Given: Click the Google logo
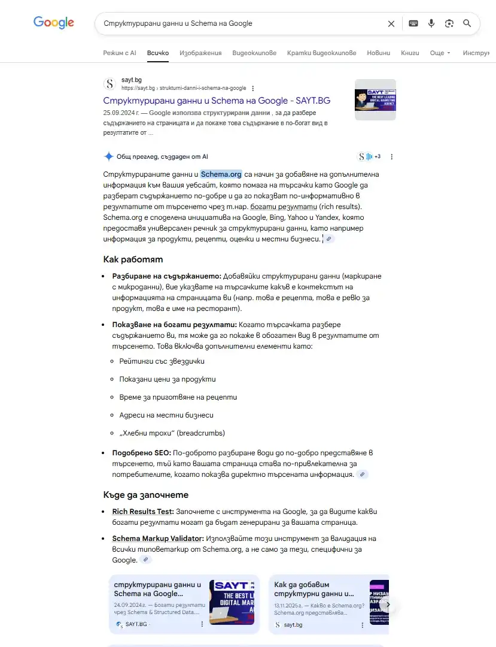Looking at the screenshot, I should [54, 23].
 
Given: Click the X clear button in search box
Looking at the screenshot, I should [391, 23].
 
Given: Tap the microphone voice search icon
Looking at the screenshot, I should [431, 23].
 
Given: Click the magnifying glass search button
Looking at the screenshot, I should [467, 23].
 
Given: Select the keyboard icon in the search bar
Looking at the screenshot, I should [413, 23].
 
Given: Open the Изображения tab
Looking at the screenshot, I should [200, 53].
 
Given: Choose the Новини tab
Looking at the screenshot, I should [378, 53].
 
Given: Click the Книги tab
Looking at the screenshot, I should [410, 53].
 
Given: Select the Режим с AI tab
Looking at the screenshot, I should [120, 53].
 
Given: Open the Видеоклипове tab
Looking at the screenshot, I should [254, 53].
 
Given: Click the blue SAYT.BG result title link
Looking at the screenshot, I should [217, 101].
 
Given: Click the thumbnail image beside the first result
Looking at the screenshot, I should [375, 99].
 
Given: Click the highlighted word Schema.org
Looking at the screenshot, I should [221, 174].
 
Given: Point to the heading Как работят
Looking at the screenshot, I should [133, 259].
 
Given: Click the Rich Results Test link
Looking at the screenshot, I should [142, 512].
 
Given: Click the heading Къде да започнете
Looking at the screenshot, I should [145, 495].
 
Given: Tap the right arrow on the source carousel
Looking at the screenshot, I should [388, 604].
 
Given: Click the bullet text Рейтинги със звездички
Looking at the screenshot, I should [162, 361].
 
